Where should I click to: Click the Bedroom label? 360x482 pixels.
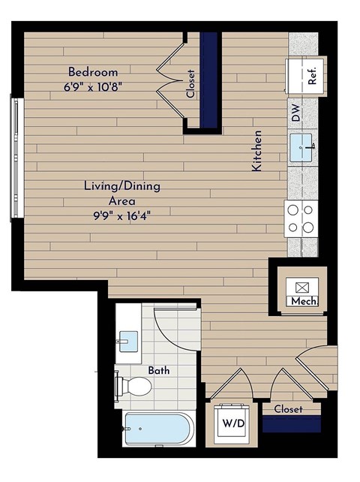tap(93, 72)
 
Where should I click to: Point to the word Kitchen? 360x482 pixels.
tap(257, 151)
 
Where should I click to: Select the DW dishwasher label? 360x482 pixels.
tap(296, 115)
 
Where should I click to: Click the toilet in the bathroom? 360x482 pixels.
tap(133, 386)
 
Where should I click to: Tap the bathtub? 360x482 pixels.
tap(157, 430)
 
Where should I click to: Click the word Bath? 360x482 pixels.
tap(158, 370)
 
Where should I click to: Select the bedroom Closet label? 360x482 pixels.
tap(191, 84)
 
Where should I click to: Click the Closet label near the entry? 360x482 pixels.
tap(288, 409)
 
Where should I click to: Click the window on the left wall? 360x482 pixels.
tap(13, 157)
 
